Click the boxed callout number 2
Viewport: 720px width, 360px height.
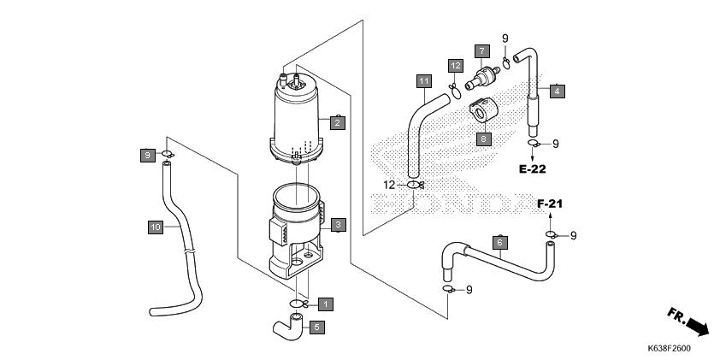click(x=338, y=122)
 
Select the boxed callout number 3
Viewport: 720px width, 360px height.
click(x=339, y=225)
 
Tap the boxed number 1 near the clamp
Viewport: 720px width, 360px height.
click(x=326, y=304)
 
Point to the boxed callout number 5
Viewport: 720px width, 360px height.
click(x=317, y=328)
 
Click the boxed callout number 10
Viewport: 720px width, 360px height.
click(x=156, y=227)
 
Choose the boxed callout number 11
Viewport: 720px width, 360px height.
click(x=424, y=82)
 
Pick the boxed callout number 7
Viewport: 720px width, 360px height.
click(x=482, y=51)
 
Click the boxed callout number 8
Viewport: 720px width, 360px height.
click(x=484, y=139)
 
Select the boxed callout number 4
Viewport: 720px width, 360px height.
click(x=557, y=91)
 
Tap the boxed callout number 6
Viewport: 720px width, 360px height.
click(x=500, y=242)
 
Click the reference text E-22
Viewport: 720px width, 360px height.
click(x=533, y=169)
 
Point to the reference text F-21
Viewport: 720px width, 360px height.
click(x=550, y=204)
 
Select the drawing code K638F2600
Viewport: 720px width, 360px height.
click(x=669, y=349)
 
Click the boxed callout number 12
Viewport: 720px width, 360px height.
click(x=456, y=66)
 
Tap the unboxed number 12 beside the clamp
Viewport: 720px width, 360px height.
click(x=389, y=185)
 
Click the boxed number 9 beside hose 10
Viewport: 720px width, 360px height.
click(x=147, y=156)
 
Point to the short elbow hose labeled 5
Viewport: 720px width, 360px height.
click(x=288, y=327)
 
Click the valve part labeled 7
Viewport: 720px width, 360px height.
click(x=482, y=78)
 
